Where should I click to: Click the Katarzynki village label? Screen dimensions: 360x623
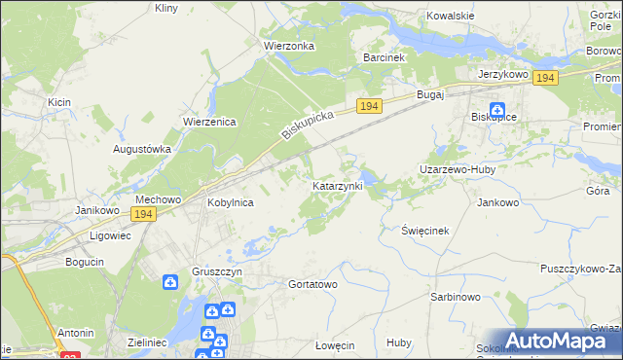tap(338, 185)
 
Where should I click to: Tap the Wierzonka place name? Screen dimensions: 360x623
tap(286, 45)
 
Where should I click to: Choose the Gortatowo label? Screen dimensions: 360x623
tap(312, 284)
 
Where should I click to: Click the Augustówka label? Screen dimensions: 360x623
tap(142, 149)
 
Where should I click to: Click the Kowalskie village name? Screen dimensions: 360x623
tap(451, 17)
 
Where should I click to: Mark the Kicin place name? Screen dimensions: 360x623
tap(57, 101)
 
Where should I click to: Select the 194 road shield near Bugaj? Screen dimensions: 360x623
tap(368, 105)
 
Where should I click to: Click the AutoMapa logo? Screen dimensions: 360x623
tap(557, 341)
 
